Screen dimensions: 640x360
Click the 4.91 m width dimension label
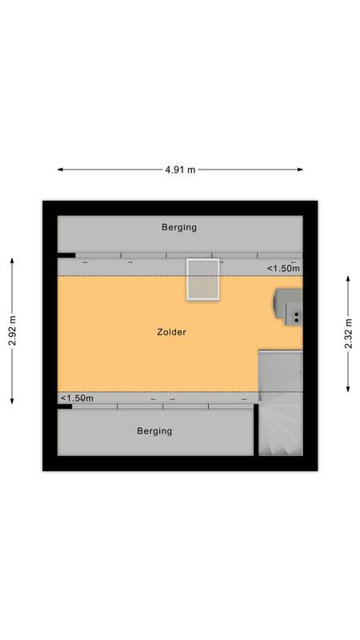(x=180, y=170)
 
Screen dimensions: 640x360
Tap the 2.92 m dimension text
(x=12, y=330)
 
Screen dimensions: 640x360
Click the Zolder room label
(x=172, y=332)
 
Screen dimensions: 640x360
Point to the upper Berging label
(x=178, y=227)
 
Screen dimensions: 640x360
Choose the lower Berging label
(x=154, y=431)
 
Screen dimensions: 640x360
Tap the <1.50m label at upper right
(x=283, y=269)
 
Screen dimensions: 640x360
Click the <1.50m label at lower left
(x=77, y=398)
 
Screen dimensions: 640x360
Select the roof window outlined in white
(x=203, y=279)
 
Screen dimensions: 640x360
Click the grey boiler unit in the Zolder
(x=288, y=306)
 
